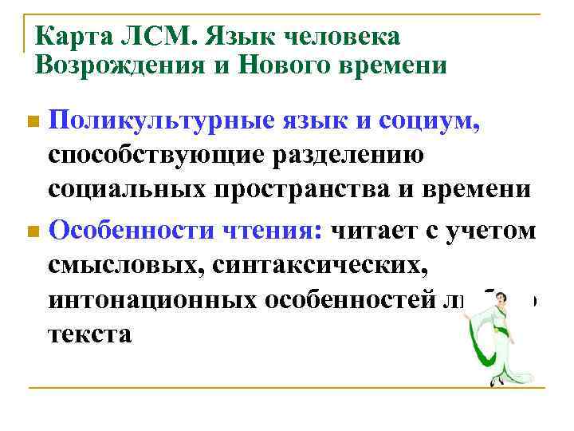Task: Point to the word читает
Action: [x=379, y=231]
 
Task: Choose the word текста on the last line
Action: [x=89, y=334]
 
